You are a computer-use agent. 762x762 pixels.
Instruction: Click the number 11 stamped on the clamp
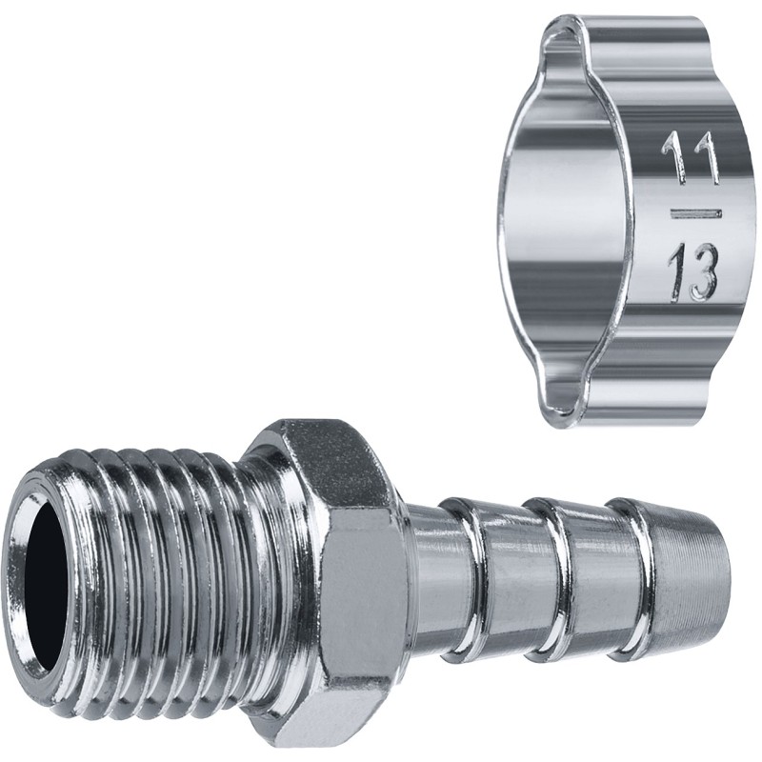690,153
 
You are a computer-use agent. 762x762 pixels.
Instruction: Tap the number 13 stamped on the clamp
693,272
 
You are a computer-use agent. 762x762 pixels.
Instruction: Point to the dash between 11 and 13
696,213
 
